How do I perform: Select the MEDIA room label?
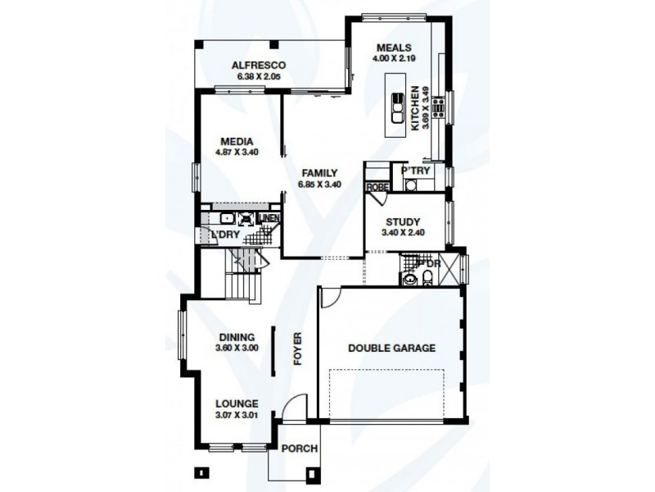(236, 141)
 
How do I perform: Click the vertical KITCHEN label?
(415, 108)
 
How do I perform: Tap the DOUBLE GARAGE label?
(391, 348)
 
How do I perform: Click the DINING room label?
(237, 337)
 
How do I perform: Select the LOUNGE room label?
(237, 403)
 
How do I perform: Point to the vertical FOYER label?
(298, 348)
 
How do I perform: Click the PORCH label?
(297, 449)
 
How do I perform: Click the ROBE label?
(377, 187)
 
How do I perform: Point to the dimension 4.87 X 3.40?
(236, 152)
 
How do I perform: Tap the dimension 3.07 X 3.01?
(237, 414)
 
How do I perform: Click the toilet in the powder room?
(427, 280)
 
